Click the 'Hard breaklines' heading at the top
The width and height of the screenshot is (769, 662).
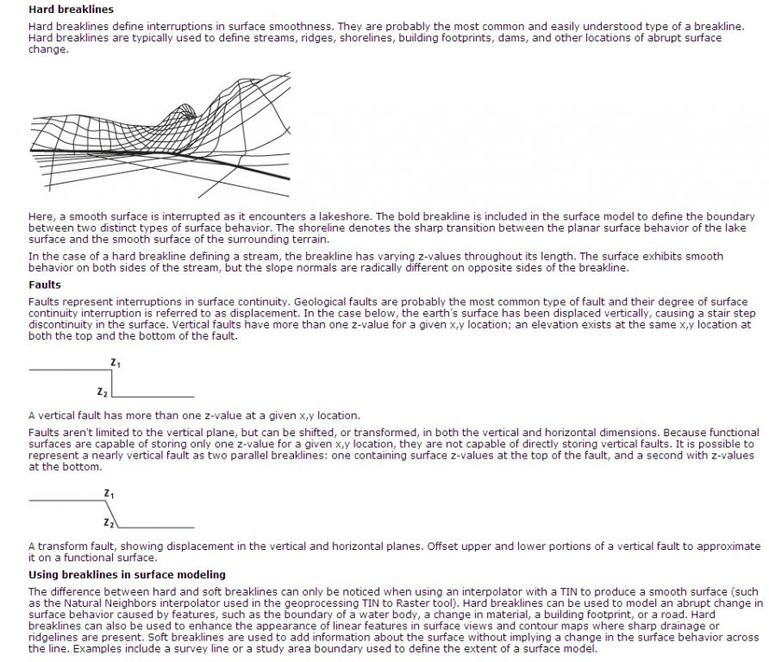click(x=71, y=9)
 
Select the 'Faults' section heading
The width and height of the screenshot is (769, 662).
click(x=45, y=284)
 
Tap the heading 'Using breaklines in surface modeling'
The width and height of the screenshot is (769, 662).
click(x=127, y=573)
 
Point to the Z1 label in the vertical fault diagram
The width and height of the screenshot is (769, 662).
click(x=115, y=363)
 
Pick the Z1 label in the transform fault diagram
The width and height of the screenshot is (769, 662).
click(x=109, y=493)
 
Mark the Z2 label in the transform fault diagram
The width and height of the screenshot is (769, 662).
click(x=108, y=522)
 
